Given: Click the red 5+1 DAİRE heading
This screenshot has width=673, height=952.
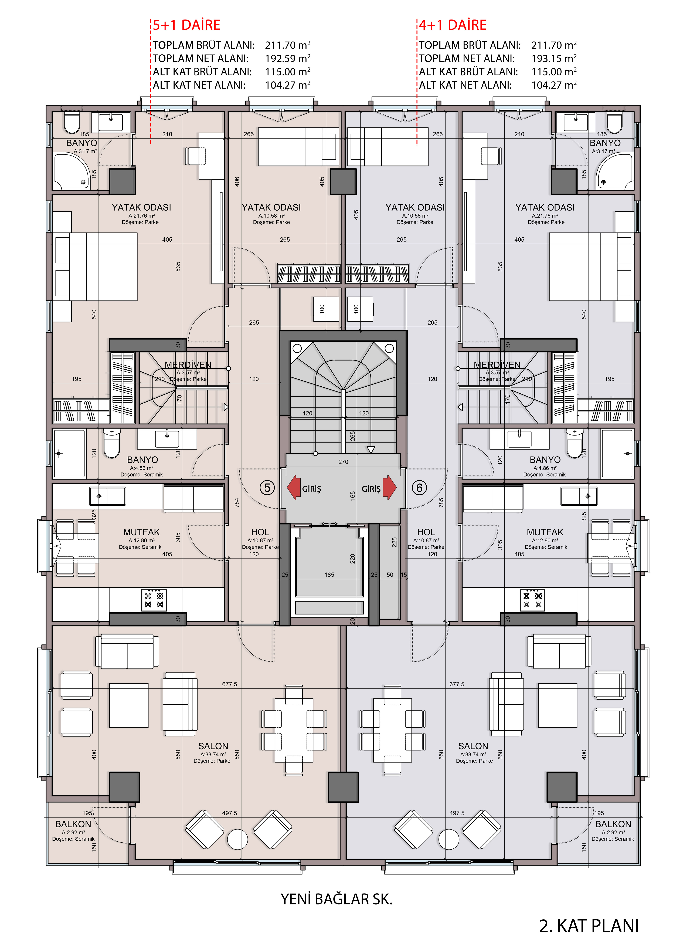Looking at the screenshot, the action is [x=186, y=25].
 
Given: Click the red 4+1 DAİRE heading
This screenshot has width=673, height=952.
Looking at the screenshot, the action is [x=453, y=25].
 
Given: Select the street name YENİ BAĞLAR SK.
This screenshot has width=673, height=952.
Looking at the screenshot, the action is [x=336, y=899].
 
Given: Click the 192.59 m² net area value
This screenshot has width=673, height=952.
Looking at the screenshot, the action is [x=288, y=58].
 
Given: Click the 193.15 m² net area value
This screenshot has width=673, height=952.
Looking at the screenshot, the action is [x=554, y=58].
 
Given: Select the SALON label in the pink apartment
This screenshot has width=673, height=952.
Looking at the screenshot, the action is [x=213, y=746].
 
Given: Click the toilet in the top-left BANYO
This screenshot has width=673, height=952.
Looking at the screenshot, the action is [x=72, y=123].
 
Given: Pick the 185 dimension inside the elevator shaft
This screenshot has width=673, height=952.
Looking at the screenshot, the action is [x=329, y=575].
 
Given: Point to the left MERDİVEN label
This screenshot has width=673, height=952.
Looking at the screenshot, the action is [x=188, y=365].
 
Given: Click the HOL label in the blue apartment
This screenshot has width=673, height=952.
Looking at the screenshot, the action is [x=426, y=532].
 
